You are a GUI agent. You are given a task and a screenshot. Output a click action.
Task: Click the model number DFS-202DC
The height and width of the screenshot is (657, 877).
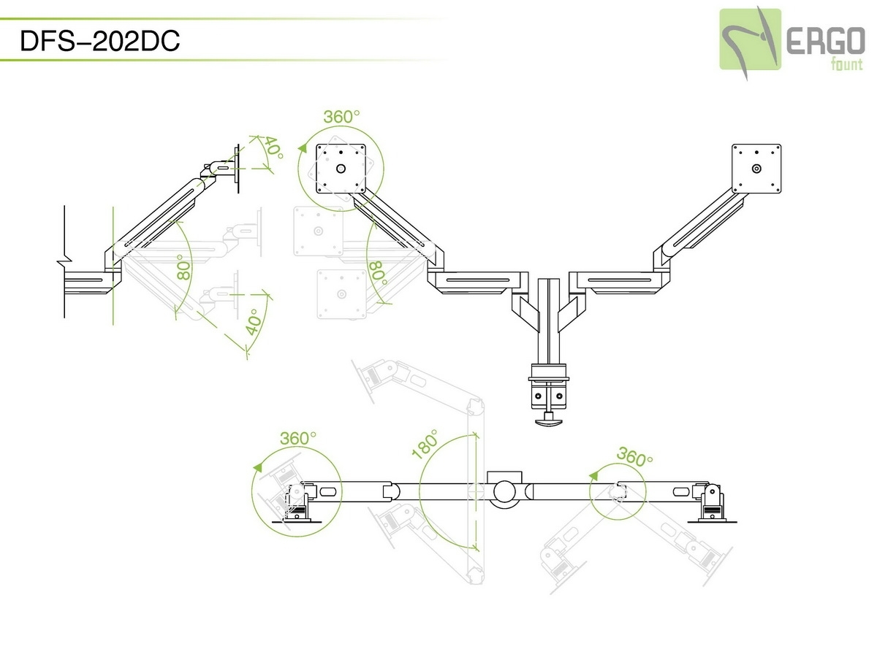click(x=100, y=41)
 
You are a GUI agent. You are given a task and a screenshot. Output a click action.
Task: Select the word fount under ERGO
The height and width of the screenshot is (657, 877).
click(x=846, y=65)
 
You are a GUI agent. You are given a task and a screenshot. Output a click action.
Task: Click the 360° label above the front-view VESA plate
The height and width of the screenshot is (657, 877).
click(x=342, y=117)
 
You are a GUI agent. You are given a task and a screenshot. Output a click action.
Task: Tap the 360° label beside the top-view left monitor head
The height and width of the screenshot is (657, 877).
click(x=298, y=438)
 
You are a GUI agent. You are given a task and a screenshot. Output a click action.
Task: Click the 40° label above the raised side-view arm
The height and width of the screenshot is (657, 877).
click(x=273, y=147)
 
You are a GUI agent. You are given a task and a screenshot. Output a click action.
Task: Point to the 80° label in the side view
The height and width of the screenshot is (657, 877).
click(x=183, y=268)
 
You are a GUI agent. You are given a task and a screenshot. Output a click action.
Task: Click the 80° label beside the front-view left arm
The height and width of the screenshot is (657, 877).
click(x=377, y=274)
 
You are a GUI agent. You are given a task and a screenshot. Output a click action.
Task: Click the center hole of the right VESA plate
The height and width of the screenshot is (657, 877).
click(x=756, y=168)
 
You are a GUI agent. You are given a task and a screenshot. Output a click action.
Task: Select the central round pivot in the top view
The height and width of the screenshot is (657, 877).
click(x=504, y=491)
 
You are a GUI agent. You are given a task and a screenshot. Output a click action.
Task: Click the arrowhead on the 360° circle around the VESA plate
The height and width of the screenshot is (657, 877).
click(x=302, y=147)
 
